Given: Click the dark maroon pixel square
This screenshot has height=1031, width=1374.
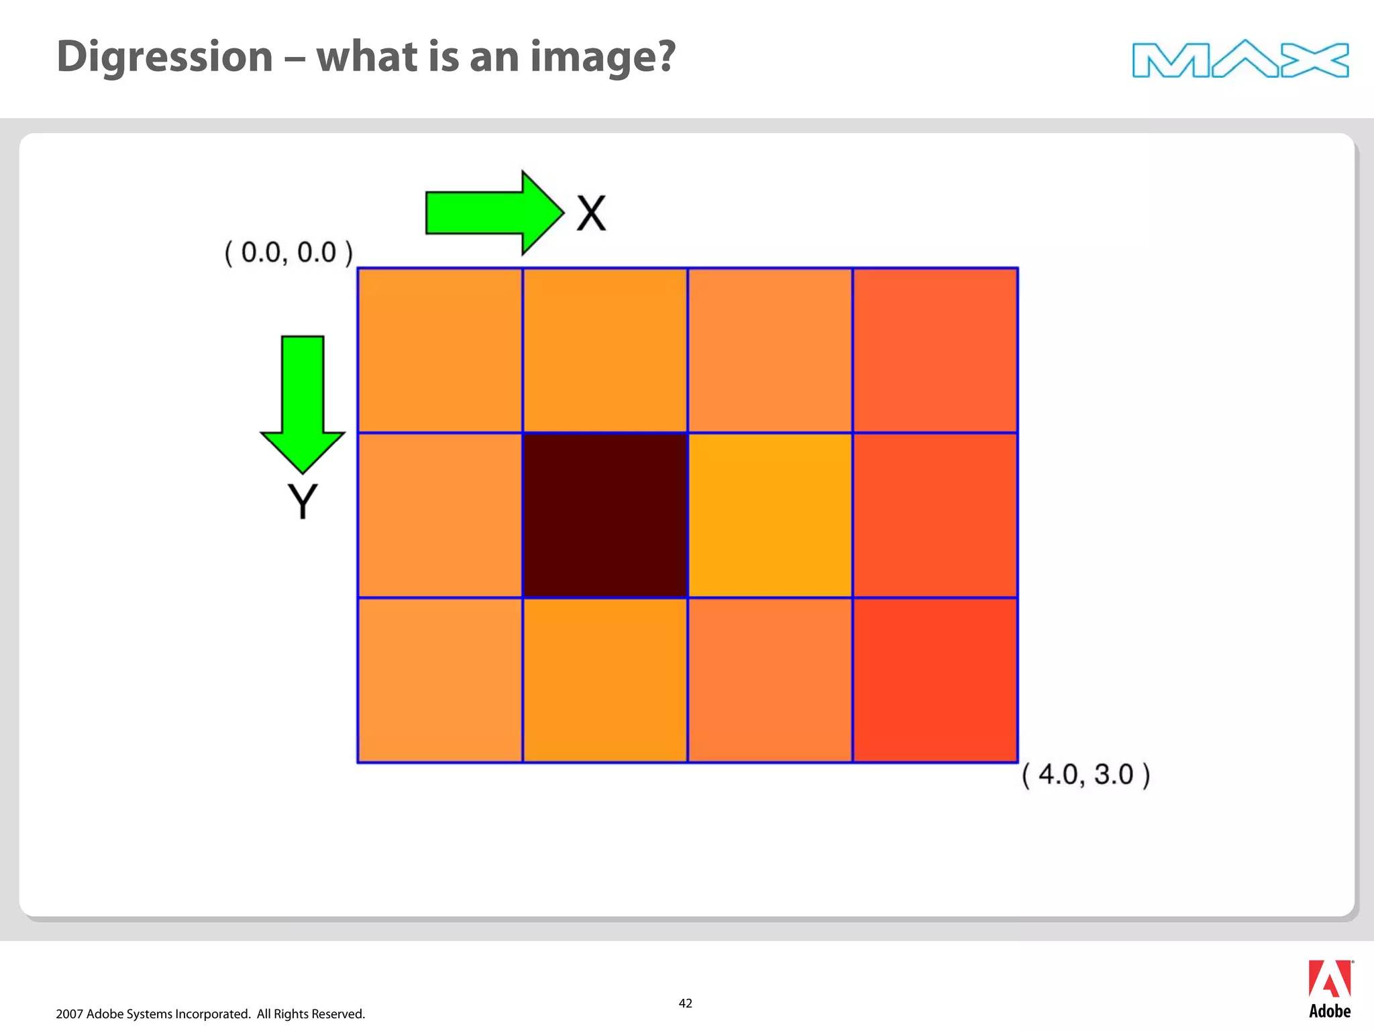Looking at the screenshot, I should pos(605,515).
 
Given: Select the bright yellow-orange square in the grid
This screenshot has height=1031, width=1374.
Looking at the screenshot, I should pos(770,515).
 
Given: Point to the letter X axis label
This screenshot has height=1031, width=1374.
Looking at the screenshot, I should pos(591,214).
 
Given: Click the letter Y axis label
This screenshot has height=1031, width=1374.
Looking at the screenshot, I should pos(303,501).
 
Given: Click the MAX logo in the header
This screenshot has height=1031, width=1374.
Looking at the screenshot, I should pos(1240,60).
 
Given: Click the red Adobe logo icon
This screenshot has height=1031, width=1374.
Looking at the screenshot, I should pos(1329,979).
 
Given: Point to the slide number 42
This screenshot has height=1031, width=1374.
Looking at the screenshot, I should pos(685,1003).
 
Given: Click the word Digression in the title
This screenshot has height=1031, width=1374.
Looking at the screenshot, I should pos(165,57).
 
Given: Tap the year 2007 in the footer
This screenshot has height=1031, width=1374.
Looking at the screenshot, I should pos(69,1014).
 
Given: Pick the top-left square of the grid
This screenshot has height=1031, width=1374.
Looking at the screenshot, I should pos(440,350).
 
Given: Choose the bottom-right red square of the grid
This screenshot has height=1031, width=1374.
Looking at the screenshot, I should pos(935,680).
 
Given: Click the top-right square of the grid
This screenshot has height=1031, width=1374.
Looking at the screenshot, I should pos(935,350).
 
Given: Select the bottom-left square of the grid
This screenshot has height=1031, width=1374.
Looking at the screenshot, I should pos(440,680).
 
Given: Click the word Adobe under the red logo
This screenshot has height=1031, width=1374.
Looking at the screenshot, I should pos(1330,1012).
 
